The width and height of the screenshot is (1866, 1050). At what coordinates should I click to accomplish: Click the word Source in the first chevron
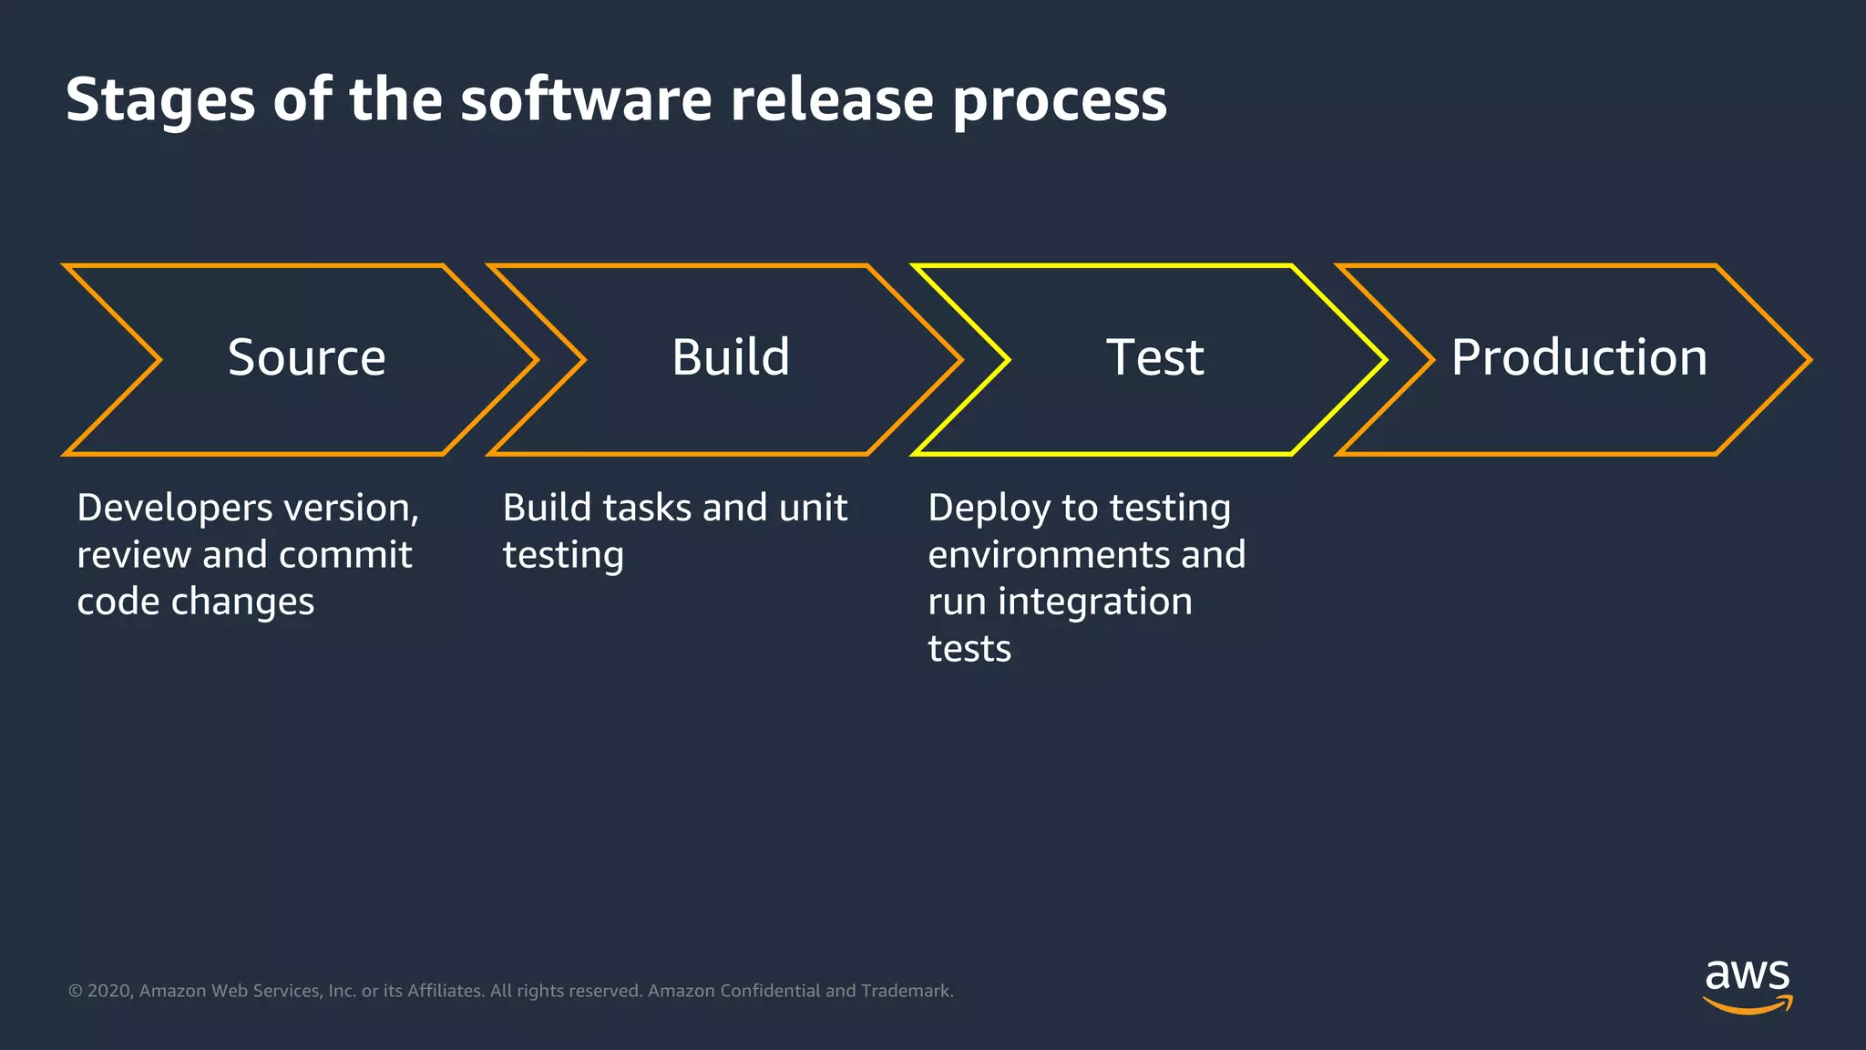click(x=306, y=357)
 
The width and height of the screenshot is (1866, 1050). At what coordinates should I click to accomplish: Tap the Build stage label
click(x=731, y=357)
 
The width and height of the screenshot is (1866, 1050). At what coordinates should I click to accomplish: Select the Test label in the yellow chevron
click(x=1154, y=357)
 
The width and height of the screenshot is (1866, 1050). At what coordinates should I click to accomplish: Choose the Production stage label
click(x=1579, y=357)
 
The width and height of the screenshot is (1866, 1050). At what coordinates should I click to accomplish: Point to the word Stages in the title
click(x=160, y=100)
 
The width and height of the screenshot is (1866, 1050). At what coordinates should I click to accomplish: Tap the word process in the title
click(x=1060, y=100)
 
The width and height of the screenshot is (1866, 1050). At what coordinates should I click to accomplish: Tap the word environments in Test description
click(x=1049, y=555)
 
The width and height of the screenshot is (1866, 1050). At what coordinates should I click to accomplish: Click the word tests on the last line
click(x=969, y=649)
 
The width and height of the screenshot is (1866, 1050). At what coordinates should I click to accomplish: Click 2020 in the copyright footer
click(x=109, y=991)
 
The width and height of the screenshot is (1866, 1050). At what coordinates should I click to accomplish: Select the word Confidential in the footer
click(x=770, y=991)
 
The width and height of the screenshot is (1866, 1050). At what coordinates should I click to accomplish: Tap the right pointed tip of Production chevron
click(x=1809, y=360)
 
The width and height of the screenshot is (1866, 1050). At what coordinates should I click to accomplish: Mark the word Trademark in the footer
click(x=906, y=991)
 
